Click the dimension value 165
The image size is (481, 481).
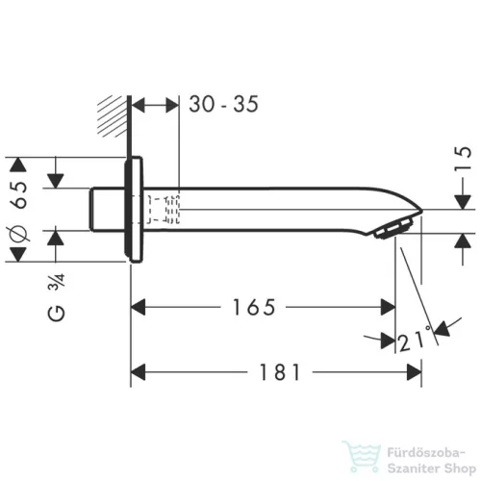(255, 307)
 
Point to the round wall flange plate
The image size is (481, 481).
(136, 209)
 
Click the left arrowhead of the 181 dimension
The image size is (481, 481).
(137, 370)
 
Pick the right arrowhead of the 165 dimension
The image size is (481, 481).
(390, 307)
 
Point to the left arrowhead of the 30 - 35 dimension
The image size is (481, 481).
(136, 103)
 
